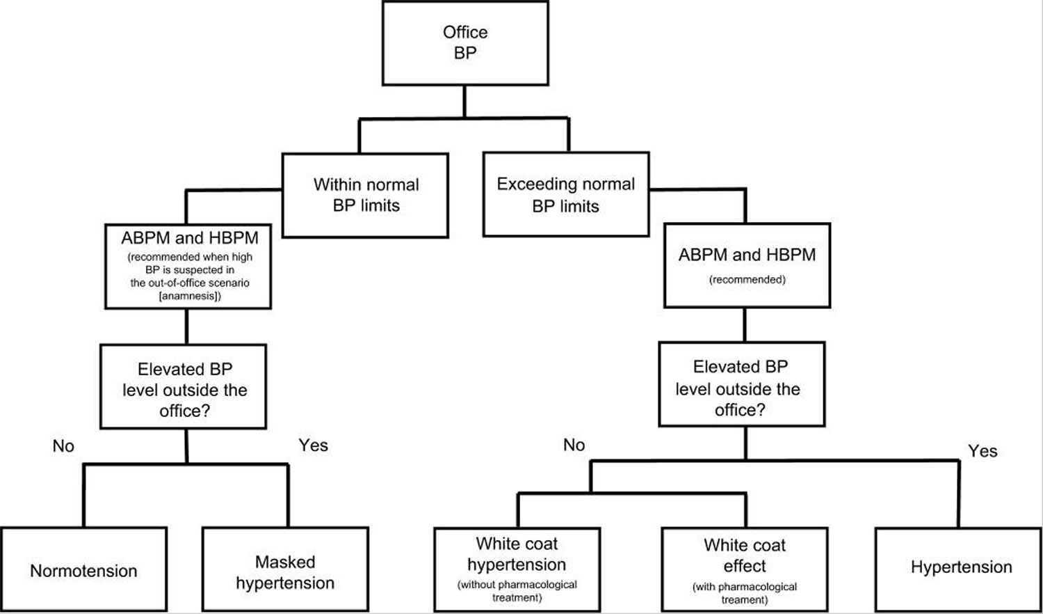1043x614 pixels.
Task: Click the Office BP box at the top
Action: tap(465, 42)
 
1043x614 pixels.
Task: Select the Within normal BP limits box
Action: tap(365, 195)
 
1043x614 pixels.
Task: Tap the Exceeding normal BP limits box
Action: tap(565, 195)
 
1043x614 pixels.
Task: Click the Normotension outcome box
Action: tap(83, 570)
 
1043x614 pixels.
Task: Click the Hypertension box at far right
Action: tap(961, 567)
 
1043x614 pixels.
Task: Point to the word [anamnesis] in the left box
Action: tap(190, 296)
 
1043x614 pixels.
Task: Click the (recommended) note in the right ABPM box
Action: tap(747, 280)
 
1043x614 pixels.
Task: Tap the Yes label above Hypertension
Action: tap(982, 451)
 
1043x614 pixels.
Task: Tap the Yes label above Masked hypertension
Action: tap(313, 446)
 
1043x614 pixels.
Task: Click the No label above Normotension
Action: tap(63, 446)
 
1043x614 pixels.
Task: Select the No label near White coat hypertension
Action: tap(574, 445)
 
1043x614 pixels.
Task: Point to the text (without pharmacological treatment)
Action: tap(517, 591)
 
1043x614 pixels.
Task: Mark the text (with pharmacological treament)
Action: tap(744, 593)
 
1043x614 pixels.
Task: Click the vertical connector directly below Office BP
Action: tap(464, 102)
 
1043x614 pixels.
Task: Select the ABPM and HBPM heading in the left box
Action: tap(189, 238)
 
